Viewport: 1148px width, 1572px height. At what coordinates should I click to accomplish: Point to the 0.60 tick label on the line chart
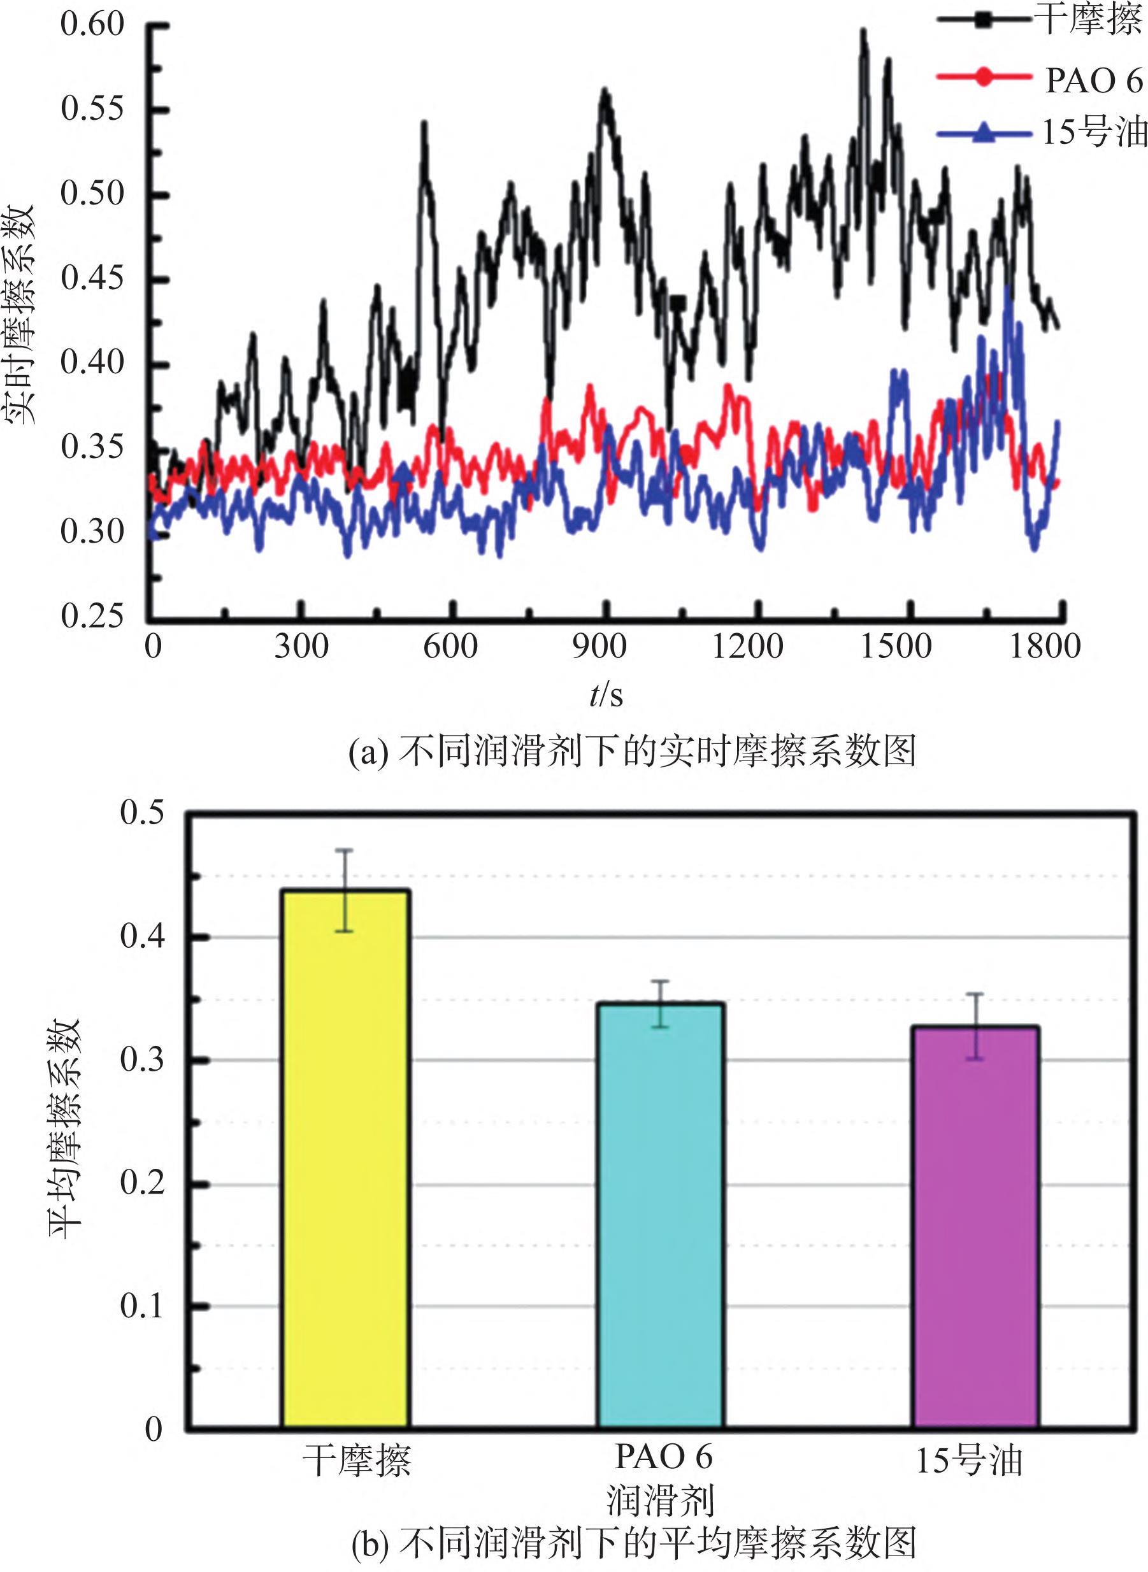coord(92,24)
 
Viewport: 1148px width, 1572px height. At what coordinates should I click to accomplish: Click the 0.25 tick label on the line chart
coord(92,615)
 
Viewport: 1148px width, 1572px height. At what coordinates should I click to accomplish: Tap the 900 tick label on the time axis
coord(599,647)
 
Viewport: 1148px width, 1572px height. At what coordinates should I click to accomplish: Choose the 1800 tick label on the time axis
coord(1044,647)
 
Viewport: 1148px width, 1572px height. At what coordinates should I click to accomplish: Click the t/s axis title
coord(606,695)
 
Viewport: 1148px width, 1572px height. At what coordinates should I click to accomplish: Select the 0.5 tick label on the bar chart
coord(142,812)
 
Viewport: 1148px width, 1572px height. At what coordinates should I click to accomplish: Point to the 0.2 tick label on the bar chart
coord(142,1182)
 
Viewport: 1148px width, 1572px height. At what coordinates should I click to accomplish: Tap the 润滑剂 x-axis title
coord(660,1500)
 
